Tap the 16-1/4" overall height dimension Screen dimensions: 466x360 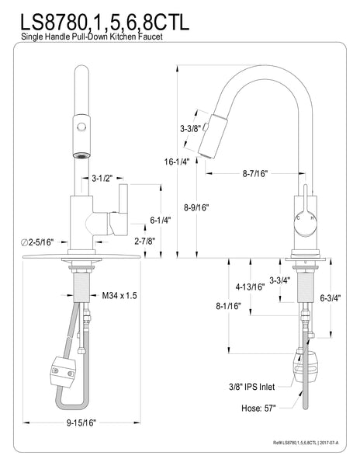[178, 162]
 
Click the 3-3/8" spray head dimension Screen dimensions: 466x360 [190, 128]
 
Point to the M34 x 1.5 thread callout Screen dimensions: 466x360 [119, 295]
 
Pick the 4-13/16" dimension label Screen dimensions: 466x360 [250, 287]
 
